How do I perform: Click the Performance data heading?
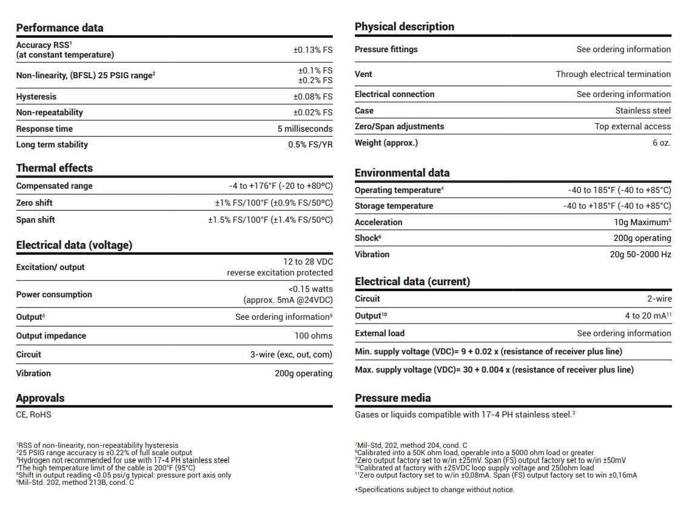click(59, 28)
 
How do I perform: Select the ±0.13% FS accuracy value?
click(312, 50)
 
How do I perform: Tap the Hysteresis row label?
click(36, 96)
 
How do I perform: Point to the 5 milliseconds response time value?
click(304, 129)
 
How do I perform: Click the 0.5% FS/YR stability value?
click(310, 144)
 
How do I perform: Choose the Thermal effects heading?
click(55, 168)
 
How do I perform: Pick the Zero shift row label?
click(35, 203)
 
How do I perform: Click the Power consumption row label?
click(54, 294)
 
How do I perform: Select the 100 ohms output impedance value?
click(314, 336)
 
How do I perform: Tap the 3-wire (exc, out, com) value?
click(291, 354)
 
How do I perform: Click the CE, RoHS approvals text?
click(34, 414)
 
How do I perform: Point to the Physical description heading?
click(405, 27)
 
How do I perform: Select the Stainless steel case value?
click(643, 110)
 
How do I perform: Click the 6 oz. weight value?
click(662, 143)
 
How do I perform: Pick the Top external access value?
click(633, 126)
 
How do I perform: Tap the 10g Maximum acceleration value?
click(642, 222)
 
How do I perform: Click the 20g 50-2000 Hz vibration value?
click(640, 254)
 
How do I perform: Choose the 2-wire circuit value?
click(659, 299)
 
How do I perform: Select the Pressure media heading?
click(393, 398)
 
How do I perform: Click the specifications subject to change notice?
click(434, 490)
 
